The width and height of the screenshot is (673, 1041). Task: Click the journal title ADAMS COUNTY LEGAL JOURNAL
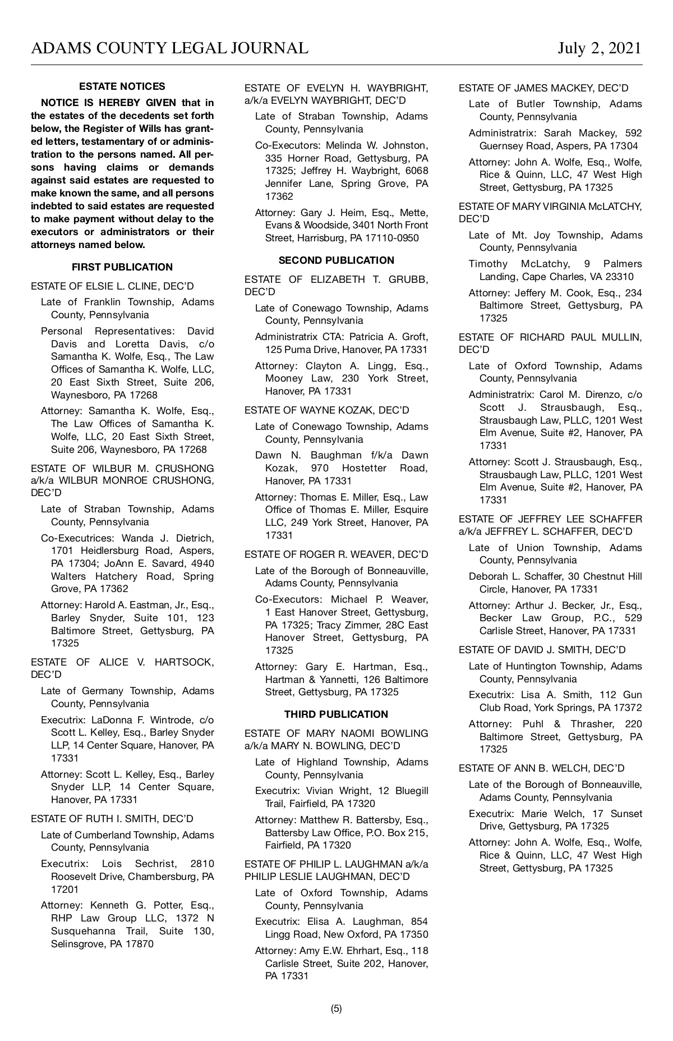click(x=169, y=48)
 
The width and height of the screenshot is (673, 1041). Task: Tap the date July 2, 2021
click(x=599, y=48)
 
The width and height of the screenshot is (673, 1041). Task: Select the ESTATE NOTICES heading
click(x=122, y=86)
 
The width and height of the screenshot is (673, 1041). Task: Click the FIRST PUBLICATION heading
click(x=122, y=267)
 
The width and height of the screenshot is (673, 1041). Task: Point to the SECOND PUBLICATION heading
click(x=336, y=260)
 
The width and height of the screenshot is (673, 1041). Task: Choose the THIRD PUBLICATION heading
click(x=336, y=714)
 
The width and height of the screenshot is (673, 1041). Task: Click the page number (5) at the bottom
click(x=336, y=1008)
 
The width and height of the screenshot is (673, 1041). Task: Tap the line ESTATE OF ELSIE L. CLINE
click(x=112, y=286)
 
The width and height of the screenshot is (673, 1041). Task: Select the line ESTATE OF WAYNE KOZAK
click(x=327, y=410)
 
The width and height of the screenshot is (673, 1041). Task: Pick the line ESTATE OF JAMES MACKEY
click(x=543, y=88)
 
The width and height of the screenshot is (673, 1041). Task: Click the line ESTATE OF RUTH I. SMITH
click(x=112, y=819)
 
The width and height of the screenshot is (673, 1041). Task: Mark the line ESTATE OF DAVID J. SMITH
click(x=542, y=650)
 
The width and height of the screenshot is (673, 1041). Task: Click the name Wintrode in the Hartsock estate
click(x=165, y=720)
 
